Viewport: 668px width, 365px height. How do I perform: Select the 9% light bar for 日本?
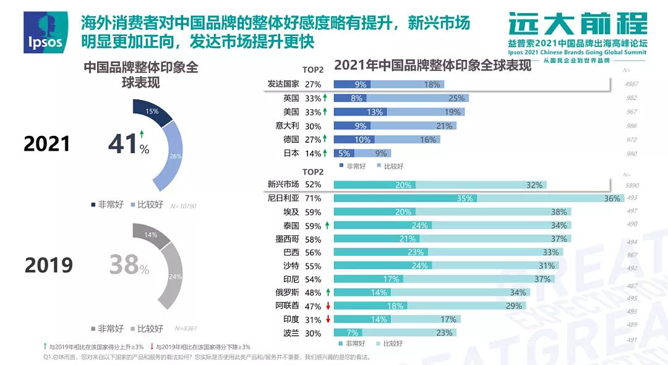[x=381, y=153]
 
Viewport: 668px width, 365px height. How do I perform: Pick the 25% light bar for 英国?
[x=417, y=98]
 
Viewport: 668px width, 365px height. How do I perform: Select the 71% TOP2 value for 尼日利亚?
[x=313, y=198]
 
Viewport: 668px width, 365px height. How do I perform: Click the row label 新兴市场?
[x=283, y=184]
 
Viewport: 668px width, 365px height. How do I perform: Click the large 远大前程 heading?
[x=578, y=24]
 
